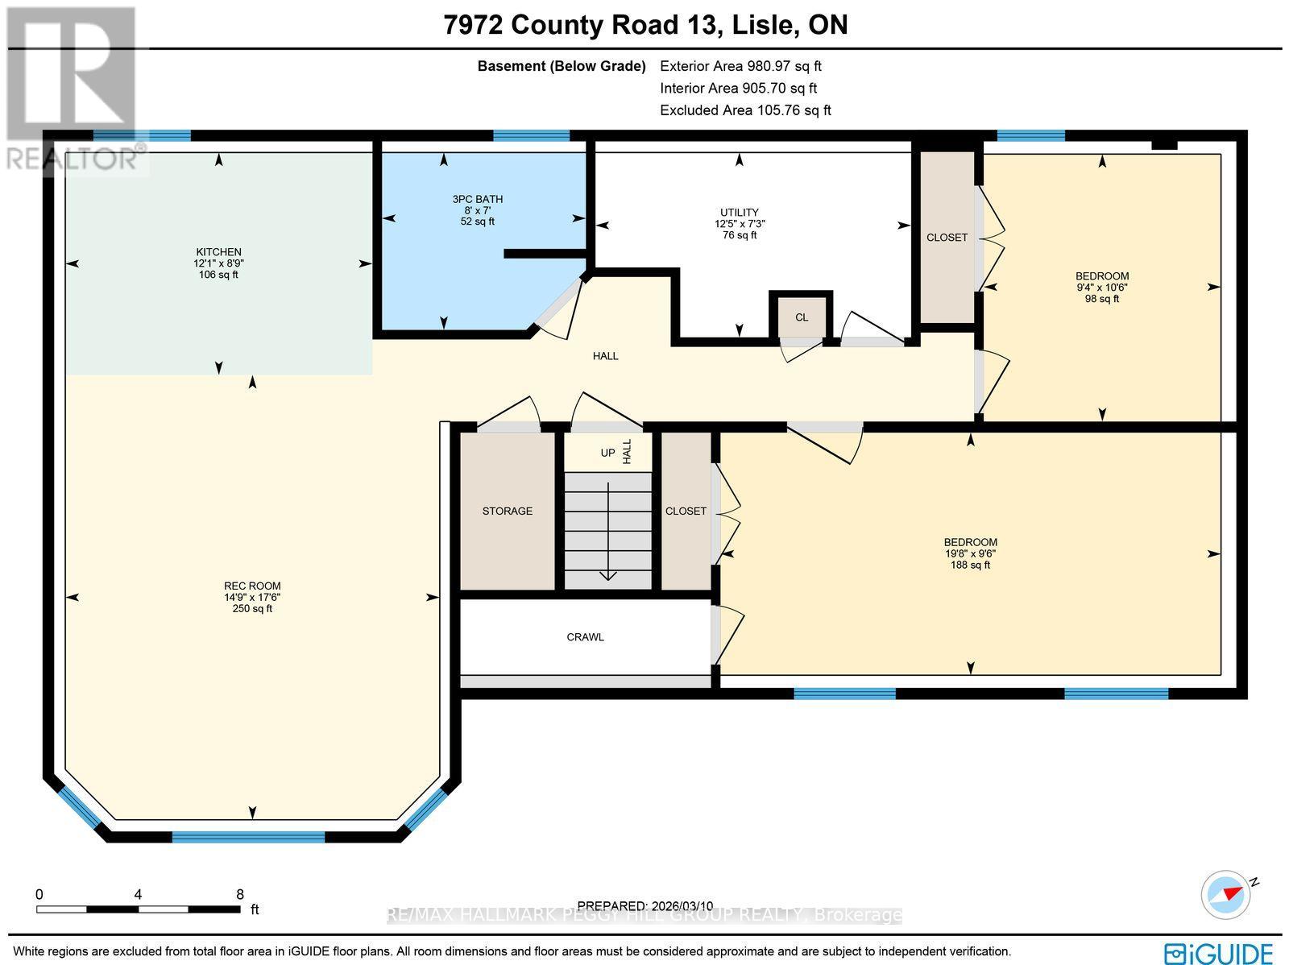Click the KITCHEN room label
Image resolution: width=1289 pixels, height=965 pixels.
pos(218,252)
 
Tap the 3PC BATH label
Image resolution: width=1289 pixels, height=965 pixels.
pos(477,199)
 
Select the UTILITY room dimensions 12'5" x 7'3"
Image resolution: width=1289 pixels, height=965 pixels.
pos(739,224)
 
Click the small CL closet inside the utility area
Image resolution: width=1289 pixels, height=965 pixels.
pos(801,317)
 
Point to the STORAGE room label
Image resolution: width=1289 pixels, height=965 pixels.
pos(507,511)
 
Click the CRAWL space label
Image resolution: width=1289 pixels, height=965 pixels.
pos(585,637)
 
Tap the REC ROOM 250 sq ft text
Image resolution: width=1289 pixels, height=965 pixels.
pos(252,609)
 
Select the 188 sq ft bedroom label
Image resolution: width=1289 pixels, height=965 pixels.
pos(970,565)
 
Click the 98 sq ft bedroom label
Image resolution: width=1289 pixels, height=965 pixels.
pos(1101,299)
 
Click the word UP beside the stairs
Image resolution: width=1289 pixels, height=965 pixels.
pos(607,454)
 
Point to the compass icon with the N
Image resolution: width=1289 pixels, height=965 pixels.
pos(1227,893)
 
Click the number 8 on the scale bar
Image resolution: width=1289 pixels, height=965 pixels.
pos(239,893)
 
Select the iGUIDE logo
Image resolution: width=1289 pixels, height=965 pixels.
pos(1220,953)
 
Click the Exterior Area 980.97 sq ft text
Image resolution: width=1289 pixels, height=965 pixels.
pos(740,66)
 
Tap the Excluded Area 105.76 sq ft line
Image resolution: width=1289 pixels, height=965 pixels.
pos(745,110)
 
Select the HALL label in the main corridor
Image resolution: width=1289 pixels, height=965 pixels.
pos(605,356)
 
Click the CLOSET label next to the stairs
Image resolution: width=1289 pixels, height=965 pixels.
pos(686,511)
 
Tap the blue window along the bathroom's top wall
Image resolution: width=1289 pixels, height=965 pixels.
pos(531,135)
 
